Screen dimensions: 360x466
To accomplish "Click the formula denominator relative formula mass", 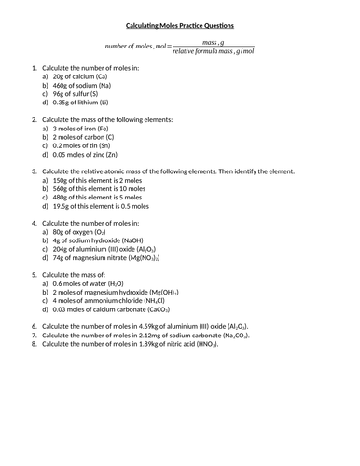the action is pyautogui.click(x=214, y=52).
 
